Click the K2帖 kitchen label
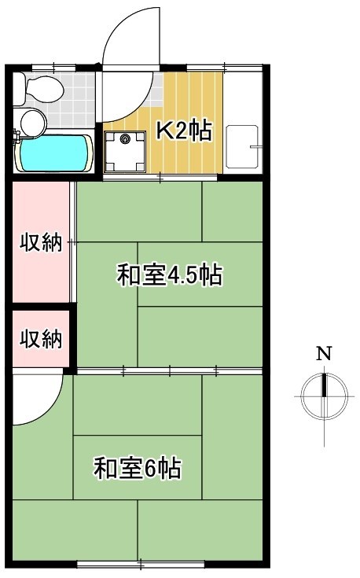click(x=183, y=131)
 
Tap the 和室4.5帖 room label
click(x=169, y=276)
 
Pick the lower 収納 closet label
click(x=41, y=339)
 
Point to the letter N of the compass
click(x=323, y=353)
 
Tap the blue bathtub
click(x=53, y=153)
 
